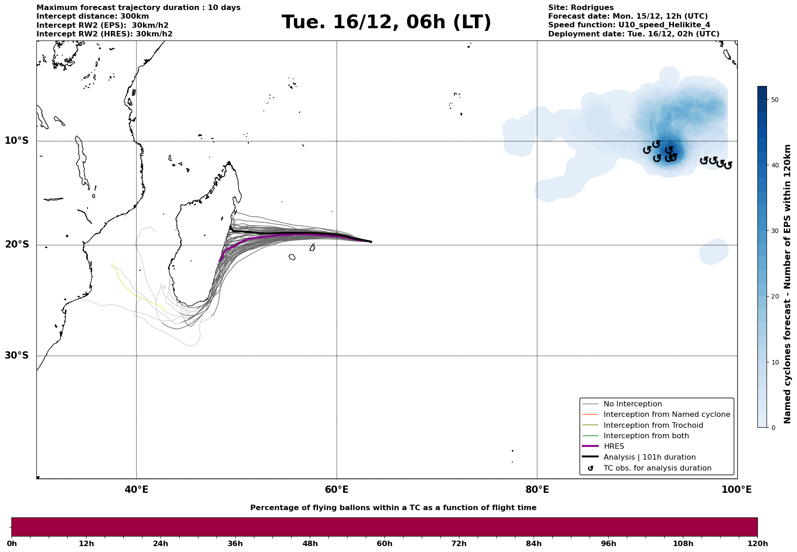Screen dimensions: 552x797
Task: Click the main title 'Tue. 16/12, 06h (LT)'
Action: [386, 22]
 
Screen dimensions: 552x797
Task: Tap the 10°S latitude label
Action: [17, 141]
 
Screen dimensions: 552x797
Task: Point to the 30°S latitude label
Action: [17, 355]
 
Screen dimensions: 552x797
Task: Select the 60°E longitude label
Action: [337, 490]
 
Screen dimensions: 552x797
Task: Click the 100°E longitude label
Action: [736, 490]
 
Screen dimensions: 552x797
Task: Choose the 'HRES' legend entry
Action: [614, 446]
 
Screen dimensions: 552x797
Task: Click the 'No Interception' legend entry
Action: [632, 404]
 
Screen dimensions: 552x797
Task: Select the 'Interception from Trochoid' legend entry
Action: [653, 425]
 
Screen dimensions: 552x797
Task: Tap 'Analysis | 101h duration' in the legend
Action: [649, 457]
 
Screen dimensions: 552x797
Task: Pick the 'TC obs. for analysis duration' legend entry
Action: [657, 468]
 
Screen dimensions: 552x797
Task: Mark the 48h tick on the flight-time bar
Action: [310, 544]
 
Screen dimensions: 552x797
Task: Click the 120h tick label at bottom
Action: [757, 544]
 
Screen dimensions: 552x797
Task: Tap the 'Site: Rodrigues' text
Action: [580, 8]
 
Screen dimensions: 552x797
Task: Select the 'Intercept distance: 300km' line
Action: [92, 16]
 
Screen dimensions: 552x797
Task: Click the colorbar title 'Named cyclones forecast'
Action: [788, 284]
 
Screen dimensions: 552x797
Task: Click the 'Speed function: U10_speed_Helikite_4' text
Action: [629, 25]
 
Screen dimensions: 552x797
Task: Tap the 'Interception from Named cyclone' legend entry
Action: [666, 415]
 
